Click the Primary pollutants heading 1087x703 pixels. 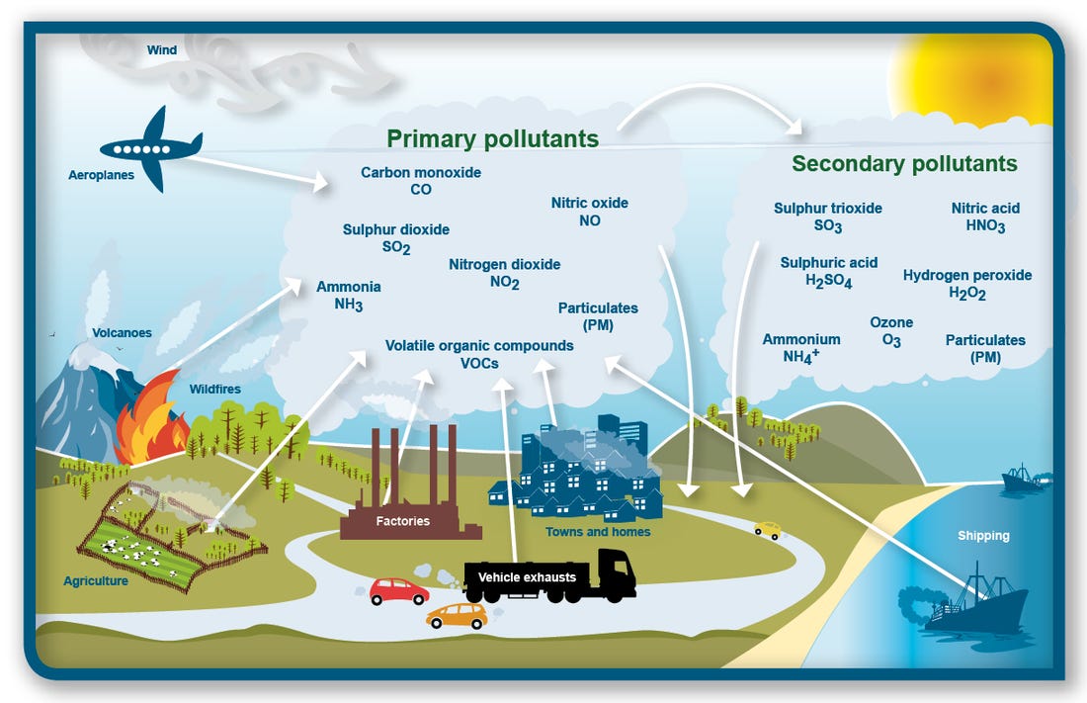click(x=492, y=137)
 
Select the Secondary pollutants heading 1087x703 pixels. click(x=904, y=163)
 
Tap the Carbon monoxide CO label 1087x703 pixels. click(x=421, y=181)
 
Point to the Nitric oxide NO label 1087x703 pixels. click(x=590, y=212)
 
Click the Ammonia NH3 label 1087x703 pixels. click(x=348, y=296)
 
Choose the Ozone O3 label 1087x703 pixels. click(x=891, y=331)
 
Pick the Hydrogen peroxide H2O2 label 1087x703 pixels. click(x=967, y=284)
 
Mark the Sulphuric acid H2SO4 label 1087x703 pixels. click(x=829, y=272)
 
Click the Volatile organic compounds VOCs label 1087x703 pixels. click(x=479, y=354)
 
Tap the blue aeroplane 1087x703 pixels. click(x=151, y=148)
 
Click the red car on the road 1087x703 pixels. click(x=398, y=591)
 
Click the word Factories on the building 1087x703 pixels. click(x=402, y=520)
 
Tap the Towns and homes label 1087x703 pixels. click(x=598, y=532)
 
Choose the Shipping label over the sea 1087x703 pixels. click(x=983, y=536)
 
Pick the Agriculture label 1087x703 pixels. click(x=96, y=581)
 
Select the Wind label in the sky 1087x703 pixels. click(x=162, y=49)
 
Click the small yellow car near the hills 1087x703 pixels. click(x=768, y=530)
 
